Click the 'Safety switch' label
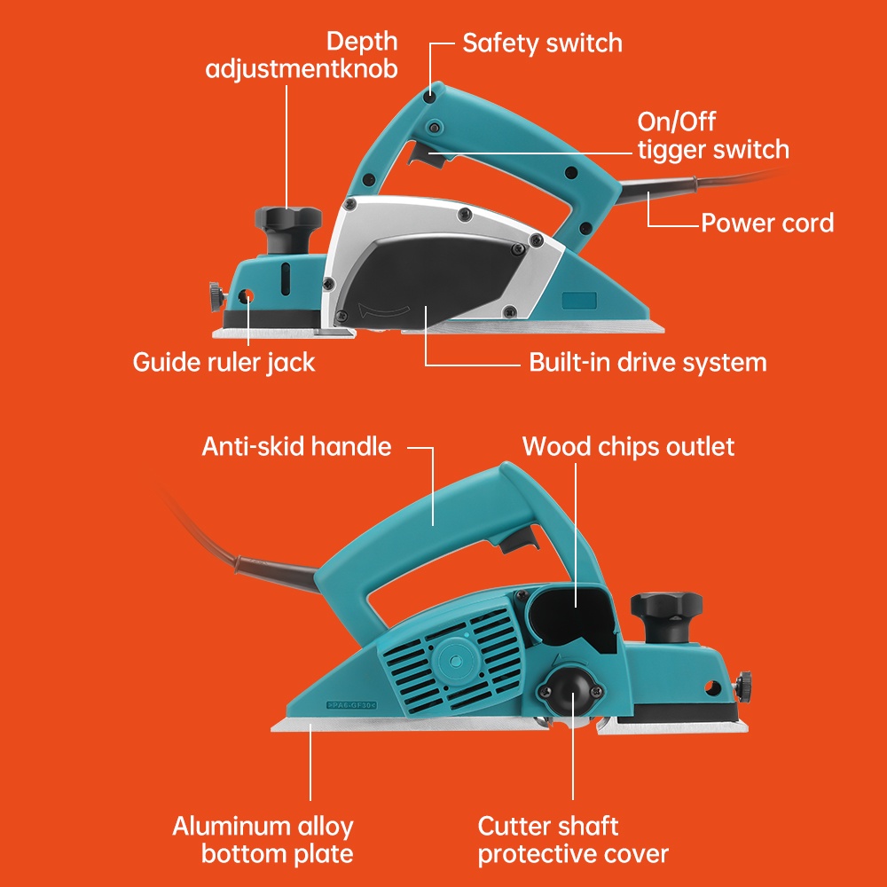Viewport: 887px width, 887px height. pyautogui.click(x=542, y=43)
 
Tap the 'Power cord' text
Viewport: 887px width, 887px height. pyautogui.click(x=767, y=222)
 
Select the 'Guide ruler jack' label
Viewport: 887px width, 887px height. pyautogui.click(x=224, y=362)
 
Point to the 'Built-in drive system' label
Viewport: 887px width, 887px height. pyautogui.click(x=648, y=362)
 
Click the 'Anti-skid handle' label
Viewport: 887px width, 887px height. pyautogui.click(x=296, y=445)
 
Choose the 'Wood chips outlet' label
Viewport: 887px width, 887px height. pyautogui.click(x=628, y=445)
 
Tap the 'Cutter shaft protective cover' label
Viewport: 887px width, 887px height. pyautogui.click(x=573, y=840)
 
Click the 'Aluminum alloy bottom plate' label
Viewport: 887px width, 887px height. pyautogui.click(x=263, y=840)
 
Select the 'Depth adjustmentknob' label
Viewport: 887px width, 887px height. pyautogui.click(x=302, y=54)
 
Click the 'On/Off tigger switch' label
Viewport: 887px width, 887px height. pyautogui.click(x=712, y=135)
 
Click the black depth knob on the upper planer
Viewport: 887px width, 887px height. pyautogui.click(x=287, y=219)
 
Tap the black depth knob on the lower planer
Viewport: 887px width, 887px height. pyautogui.click(x=666, y=611)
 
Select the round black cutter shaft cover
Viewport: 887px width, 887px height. pyautogui.click(x=572, y=687)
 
